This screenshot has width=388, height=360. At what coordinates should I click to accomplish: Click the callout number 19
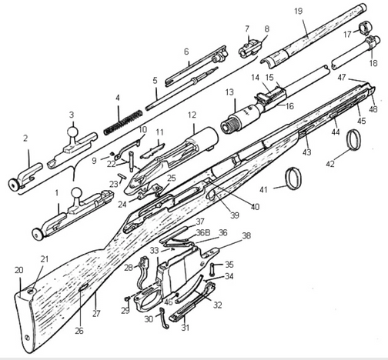click(x=299, y=12)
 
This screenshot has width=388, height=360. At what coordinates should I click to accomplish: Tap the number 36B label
click(x=203, y=232)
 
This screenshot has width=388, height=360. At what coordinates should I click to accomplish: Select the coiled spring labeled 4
click(x=123, y=122)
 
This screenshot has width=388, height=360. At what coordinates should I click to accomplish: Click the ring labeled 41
click(x=293, y=178)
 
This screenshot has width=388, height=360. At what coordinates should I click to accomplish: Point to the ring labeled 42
click(x=353, y=139)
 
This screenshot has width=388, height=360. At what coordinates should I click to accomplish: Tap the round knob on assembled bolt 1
click(x=77, y=194)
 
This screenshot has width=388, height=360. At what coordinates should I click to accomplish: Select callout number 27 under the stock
click(x=96, y=313)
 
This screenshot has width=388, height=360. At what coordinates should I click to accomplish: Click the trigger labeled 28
click(x=142, y=272)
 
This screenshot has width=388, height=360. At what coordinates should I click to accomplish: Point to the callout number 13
click(x=229, y=92)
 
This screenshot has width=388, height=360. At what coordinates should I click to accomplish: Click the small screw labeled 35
click(x=213, y=268)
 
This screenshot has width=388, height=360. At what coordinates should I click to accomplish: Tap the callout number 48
click(x=373, y=109)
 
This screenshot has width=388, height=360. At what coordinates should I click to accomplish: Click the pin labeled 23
click(x=122, y=177)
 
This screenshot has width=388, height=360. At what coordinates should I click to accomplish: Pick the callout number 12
click(x=192, y=115)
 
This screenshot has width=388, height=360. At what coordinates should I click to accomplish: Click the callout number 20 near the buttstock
click(x=18, y=270)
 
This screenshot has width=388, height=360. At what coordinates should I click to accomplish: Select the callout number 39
click(x=235, y=215)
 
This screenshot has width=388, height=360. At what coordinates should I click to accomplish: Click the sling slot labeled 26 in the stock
click(x=84, y=287)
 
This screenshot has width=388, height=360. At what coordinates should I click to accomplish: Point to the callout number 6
click(x=186, y=52)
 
